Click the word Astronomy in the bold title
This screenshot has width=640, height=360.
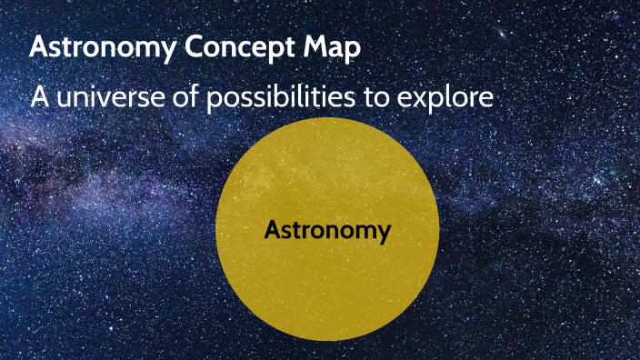pos(98,48)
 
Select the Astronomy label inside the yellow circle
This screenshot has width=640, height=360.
pos(327,231)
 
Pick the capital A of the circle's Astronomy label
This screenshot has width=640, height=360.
pos(272,230)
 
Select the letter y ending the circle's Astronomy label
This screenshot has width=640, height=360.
pos(384,234)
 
